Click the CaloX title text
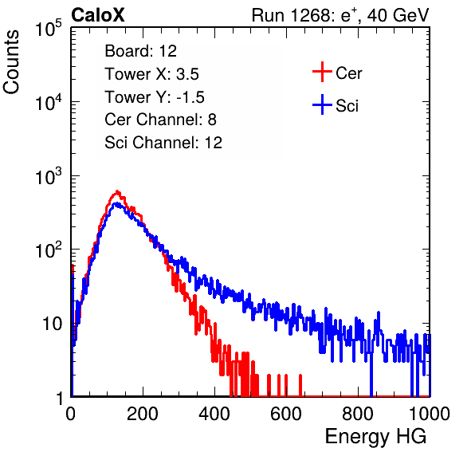pyautogui.click(x=98, y=15)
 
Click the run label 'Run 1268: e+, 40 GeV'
pyautogui.click(x=340, y=15)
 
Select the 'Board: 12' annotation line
pyautogui.click(x=140, y=51)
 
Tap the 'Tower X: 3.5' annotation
pyautogui.click(x=151, y=74)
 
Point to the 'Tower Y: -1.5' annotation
pyautogui.click(x=155, y=97)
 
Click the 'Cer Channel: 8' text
pyautogui.click(x=160, y=120)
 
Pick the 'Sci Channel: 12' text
pyautogui.click(x=163, y=143)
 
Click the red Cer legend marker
pyautogui.click(x=322, y=72)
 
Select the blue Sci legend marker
pyautogui.click(x=322, y=105)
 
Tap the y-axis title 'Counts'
pyautogui.click(x=11, y=62)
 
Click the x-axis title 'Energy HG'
pyautogui.click(x=375, y=437)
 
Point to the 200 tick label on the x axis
pyautogui.click(x=143, y=414)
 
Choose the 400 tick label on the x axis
pyautogui.click(x=214, y=414)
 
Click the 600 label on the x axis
pyautogui.click(x=286, y=414)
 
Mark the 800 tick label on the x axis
pyautogui.click(x=358, y=414)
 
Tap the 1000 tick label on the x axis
pyautogui.click(x=430, y=414)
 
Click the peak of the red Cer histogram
pyautogui.click(x=117, y=191)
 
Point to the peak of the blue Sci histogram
pyautogui.click(x=116, y=203)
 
